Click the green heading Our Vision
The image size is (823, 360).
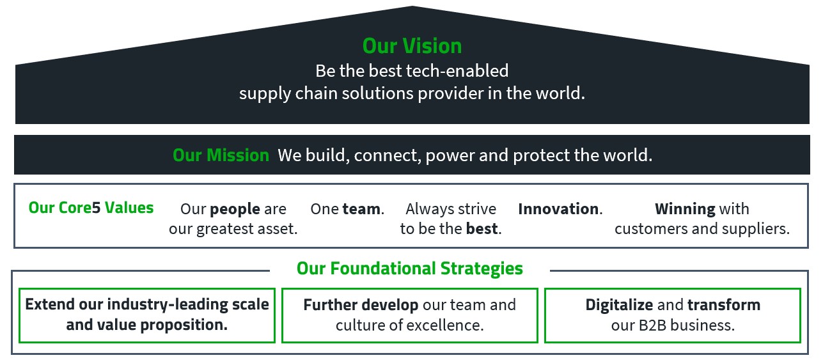tap(412, 46)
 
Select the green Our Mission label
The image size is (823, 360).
tap(221, 155)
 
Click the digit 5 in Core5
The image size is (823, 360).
tap(96, 208)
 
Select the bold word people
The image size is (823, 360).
tap(235, 209)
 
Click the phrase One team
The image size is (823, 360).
tap(347, 209)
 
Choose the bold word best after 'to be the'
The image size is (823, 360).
tap(483, 229)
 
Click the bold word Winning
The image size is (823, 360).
tap(685, 209)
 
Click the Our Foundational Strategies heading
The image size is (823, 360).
tap(409, 269)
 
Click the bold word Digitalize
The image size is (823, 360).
tap(619, 304)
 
